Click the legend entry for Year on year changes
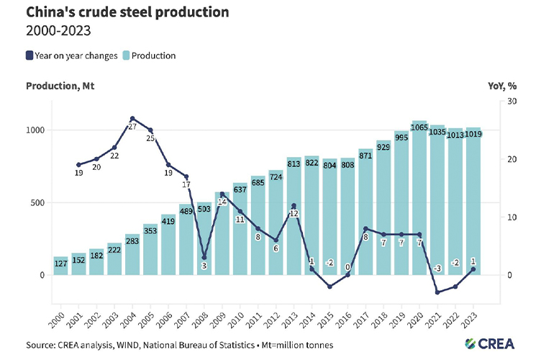point(71,55)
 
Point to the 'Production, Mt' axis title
point(60,86)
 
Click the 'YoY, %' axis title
point(502,86)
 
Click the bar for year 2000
point(61,266)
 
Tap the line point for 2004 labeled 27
point(132,118)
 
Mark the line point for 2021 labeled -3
point(437,292)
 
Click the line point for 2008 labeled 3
point(204,257)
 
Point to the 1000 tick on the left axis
point(37,130)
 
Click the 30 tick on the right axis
point(512,102)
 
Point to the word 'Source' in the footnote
point(42,345)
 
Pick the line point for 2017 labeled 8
point(365,228)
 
